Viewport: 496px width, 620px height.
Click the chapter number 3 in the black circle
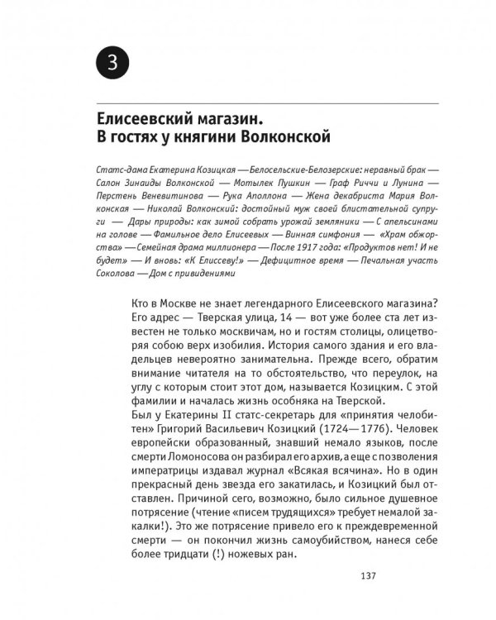pos(112,61)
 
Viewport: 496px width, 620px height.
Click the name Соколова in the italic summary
pos(109,274)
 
